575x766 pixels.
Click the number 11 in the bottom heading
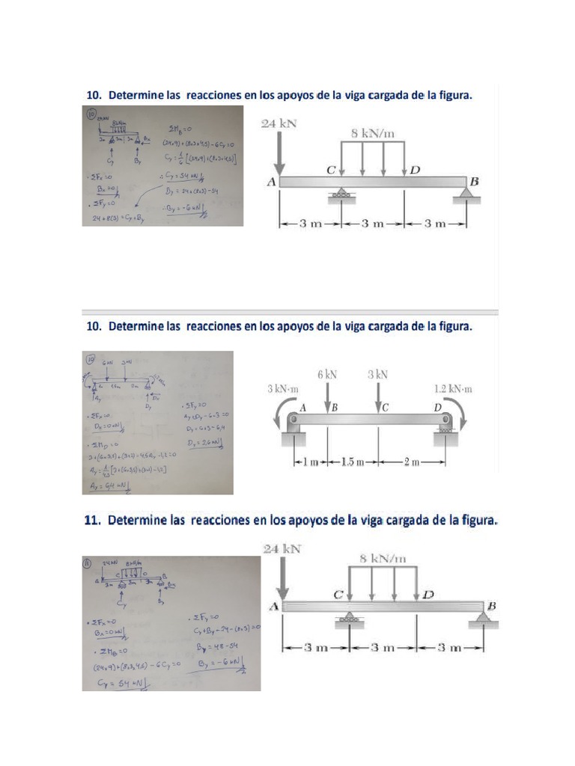[x=92, y=520]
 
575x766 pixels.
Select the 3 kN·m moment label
[x=283, y=389]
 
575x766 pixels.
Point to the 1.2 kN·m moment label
[x=454, y=389]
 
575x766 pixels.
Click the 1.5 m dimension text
[x=351, y=462]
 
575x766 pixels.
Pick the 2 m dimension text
[x=412, y=462]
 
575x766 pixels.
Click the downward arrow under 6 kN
[x=328, y=396]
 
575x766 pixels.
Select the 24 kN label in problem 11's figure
[x=282, y=549]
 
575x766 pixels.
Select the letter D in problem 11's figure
[x=428, y=595]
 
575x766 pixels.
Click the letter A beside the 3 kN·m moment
[x=304, y=408]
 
